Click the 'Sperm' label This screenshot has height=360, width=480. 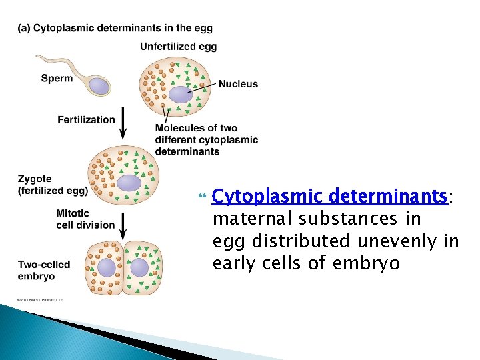click(57, 78)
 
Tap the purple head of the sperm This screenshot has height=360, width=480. click(99, 85)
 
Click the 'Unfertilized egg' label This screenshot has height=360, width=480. click(178, 47)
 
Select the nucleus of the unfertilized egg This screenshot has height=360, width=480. click(179, 94)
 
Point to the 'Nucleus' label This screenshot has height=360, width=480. click(238, 84)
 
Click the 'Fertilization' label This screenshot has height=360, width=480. click(86, 120)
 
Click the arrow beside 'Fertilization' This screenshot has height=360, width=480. click(123, 123)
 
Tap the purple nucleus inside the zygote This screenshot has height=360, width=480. click(129, 183)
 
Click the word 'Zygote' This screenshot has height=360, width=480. click(35, 179)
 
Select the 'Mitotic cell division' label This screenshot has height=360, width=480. click(85, 219)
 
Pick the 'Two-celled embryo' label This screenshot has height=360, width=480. click(44, 270)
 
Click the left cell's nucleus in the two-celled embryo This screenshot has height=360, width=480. click(107, 268)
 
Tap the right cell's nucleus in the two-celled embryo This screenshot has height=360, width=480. click(139, 268)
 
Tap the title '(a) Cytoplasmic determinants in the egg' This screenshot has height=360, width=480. click(115, 28)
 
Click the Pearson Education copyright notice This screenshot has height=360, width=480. click(41, 301)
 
